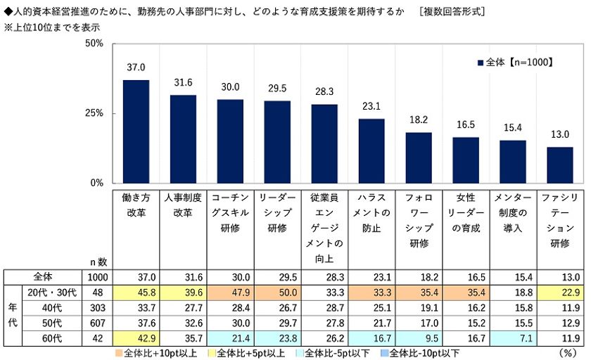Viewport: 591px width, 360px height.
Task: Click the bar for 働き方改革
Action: [136, 131]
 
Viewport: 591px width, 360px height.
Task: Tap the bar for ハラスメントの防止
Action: [371, 150]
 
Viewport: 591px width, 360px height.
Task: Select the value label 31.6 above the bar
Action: [183, 83]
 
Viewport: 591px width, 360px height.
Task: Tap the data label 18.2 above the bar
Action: [419, 120]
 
